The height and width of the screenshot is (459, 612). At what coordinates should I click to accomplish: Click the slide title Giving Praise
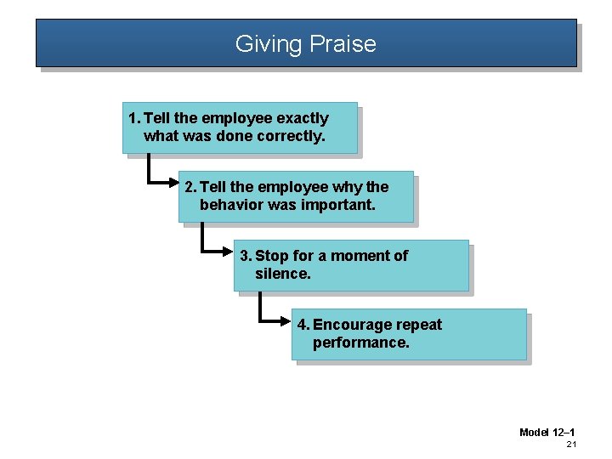coord(305,43)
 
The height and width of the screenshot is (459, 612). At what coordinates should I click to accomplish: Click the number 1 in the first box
coord(132,118)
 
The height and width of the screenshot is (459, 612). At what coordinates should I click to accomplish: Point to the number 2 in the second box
coord(189,187)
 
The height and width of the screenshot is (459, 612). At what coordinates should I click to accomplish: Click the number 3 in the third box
coord(245,256)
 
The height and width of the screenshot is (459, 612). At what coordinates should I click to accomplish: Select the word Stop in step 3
coord(272,256)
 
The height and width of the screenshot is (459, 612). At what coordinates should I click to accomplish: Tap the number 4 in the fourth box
coord(303,325)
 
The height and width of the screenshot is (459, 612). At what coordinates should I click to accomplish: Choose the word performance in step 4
coord(360,343)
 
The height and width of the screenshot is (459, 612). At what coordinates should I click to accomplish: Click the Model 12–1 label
coord(547,433)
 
